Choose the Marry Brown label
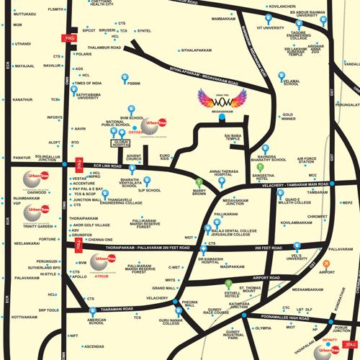pos(199,192)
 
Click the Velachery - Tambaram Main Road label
pos(284,185)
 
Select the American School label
pos(96,323)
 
